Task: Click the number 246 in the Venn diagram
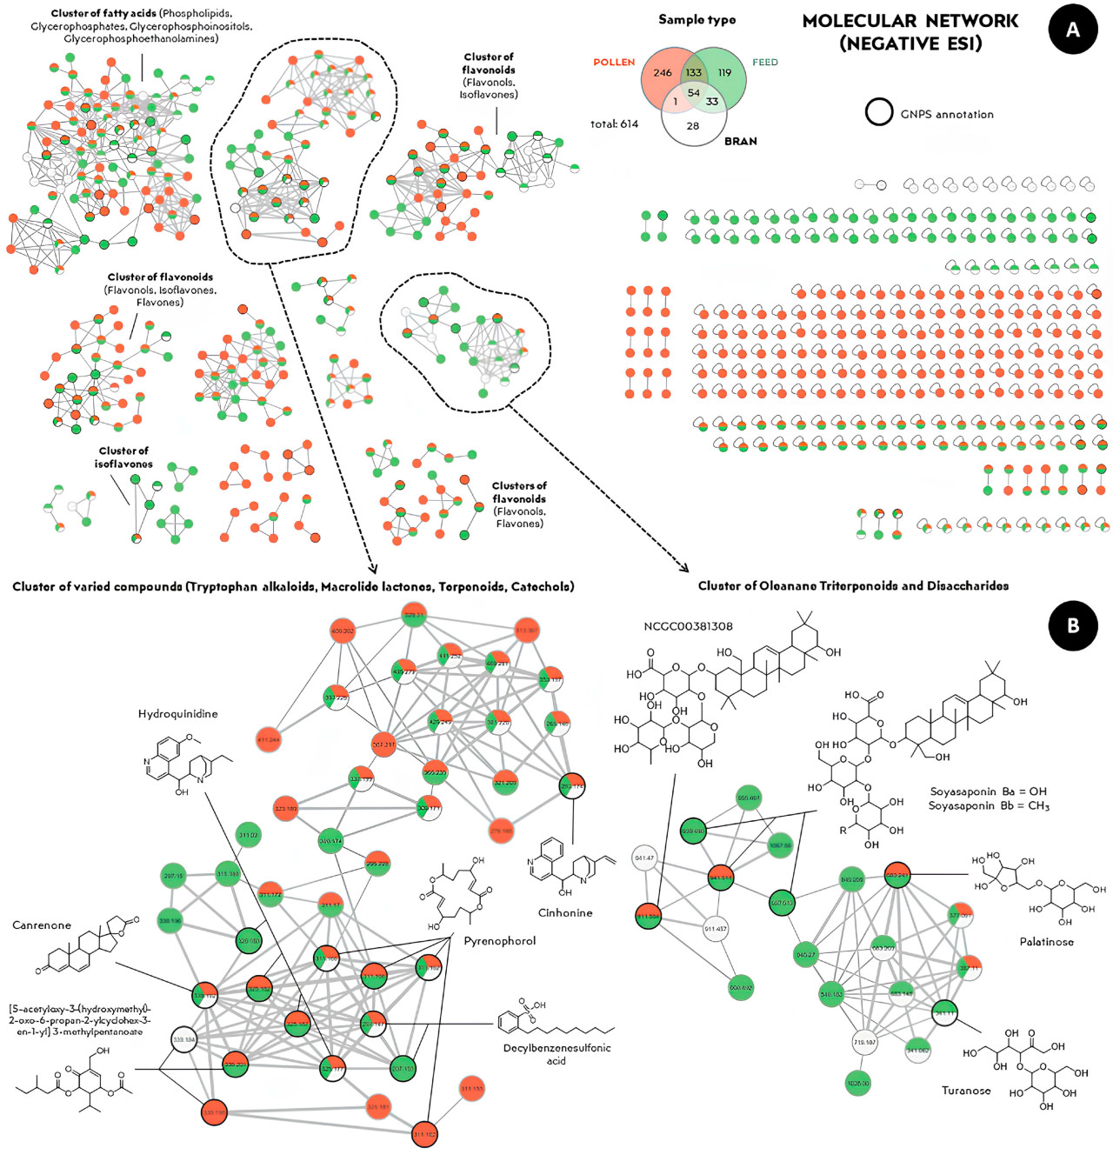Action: [663, 73]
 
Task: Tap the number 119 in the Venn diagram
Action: [724, 73]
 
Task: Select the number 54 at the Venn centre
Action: [694, 93]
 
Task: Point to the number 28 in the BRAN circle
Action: [693, 126]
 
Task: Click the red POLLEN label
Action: [614, 63]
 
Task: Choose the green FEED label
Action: [765, 63]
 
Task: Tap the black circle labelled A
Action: [1073, 30]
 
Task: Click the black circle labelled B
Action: [1073, 625]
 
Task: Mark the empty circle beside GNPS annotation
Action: [879, 112]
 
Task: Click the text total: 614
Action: [614, 124]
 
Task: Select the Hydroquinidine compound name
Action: [178, 714]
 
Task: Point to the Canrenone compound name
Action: [42, 925]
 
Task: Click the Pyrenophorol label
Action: [500, 941]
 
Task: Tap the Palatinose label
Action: [1046, 942]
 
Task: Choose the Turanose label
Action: [966, 1091]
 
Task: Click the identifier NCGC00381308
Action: [688, 626]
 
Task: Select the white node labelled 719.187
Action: [864, 1042]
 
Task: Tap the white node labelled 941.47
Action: [644, 858]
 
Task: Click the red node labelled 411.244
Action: [270, 740]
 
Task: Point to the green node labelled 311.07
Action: [248, 836]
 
